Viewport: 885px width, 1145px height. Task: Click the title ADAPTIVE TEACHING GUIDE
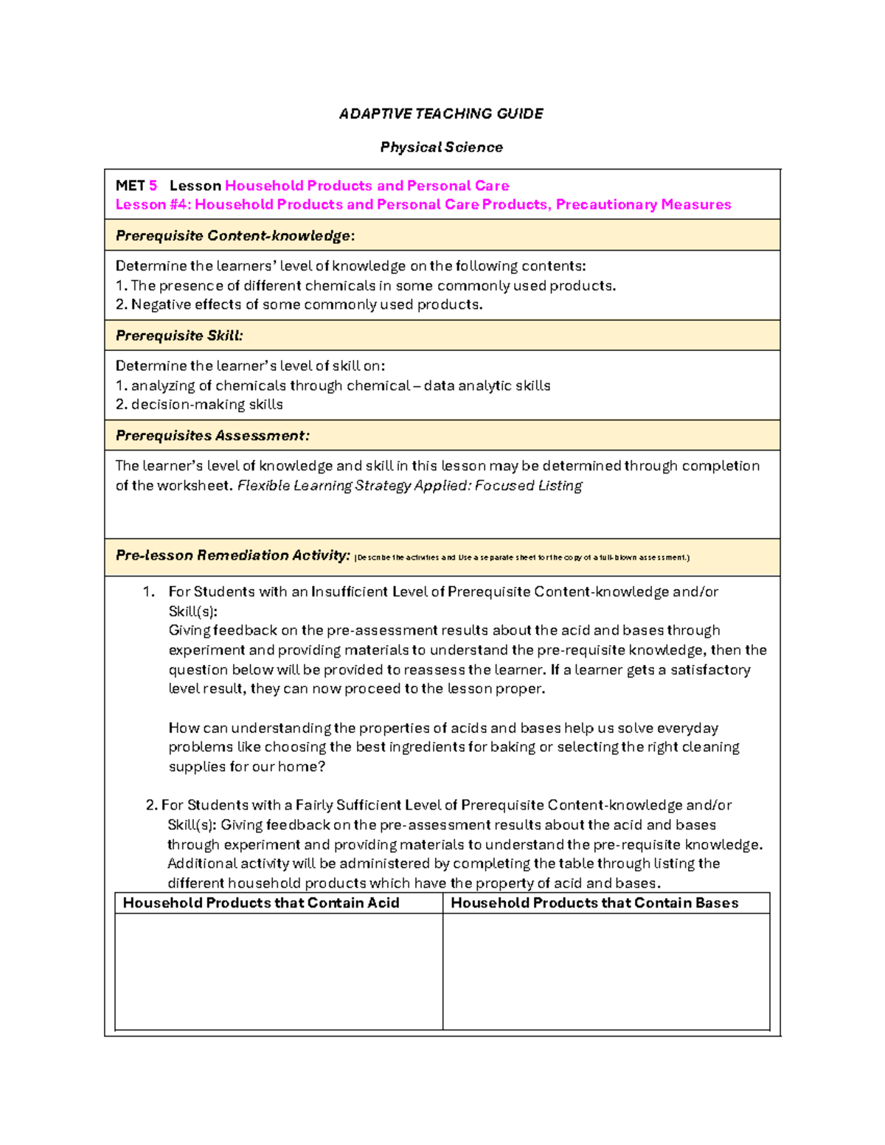click(x=441, y=114)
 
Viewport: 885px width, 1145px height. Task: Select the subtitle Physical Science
click(x=441, y=147)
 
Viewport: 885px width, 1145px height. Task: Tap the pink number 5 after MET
click(x=153, y=186)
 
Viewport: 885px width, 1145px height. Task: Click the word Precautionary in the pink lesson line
click(x=605, y=205)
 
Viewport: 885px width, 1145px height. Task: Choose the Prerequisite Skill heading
click(x=178, y=335)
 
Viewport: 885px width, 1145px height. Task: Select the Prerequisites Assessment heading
click(x=212, y=436)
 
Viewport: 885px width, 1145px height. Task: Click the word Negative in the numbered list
click(x=161, y=304)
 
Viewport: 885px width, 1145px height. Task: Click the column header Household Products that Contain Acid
click(x=261, y=903)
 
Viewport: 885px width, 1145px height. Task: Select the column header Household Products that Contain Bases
click(x=594, y=903)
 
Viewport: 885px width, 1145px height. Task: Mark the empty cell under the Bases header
click(x=606, y=971)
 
